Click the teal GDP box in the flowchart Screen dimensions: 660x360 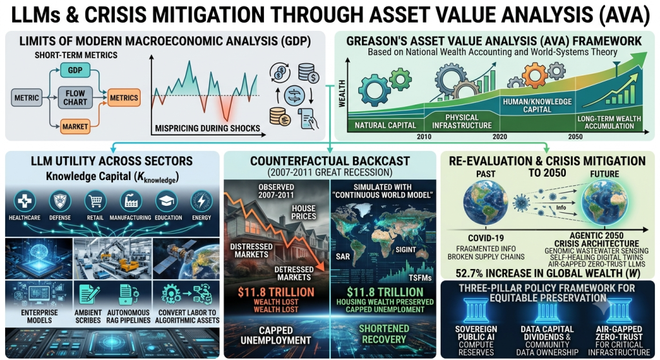(x=75, y=70)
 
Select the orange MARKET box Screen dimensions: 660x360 (x=75, y=126)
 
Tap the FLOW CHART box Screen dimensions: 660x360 (x=75, y=97)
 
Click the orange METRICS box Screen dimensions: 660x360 (x=124, y=97)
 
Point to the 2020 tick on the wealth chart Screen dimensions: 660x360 (x=499, y=136)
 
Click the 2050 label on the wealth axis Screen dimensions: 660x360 (x=575, y=136)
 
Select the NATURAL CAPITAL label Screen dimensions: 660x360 (x=385, y=125)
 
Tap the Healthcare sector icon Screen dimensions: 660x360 (x=25, y=201)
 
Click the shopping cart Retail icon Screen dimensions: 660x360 (x=95, y=201)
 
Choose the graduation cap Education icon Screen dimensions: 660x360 (x=167, y=201)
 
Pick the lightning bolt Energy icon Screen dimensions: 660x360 (x=202, y=201)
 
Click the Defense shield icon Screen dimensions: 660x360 (x=60, y=201)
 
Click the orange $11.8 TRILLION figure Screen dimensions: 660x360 (x=275, y=292)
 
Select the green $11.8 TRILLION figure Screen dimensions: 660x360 (x=385, y=292)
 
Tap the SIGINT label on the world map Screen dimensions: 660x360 (x=405, y=250)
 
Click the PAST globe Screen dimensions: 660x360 (x=485, y=204)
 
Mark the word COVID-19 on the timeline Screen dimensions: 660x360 (x=486, y=238)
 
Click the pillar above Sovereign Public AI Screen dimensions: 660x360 (x=476, y=311)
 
